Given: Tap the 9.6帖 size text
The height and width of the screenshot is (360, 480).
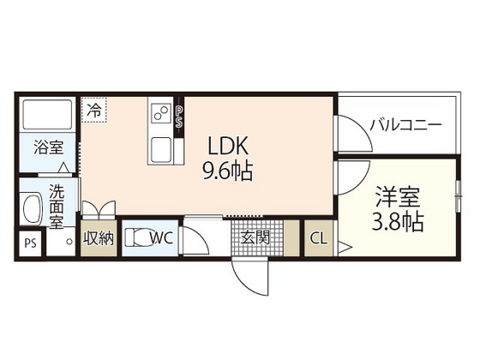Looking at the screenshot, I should coord(226,171).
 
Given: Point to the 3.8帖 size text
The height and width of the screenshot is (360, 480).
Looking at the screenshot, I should coord(396,222).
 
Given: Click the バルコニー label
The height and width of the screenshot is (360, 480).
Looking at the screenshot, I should coord(405,124).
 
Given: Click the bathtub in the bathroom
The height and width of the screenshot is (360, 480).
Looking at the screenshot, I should coord(48,114).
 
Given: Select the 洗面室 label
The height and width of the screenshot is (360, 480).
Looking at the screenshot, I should coord(56,206).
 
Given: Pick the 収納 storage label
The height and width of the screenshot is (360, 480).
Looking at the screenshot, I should coord(99,237).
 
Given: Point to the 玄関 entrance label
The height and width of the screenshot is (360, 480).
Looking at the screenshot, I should coord(255,237).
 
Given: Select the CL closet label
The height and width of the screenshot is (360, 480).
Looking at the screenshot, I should coord(318,237).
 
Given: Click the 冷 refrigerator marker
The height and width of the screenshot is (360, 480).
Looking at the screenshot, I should coord(93,110).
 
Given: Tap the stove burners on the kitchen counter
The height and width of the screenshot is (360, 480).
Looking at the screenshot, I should coord(161,111).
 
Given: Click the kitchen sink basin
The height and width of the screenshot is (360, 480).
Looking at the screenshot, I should coord(161,149).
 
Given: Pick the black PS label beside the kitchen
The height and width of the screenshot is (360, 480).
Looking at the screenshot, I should coord(178,117).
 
